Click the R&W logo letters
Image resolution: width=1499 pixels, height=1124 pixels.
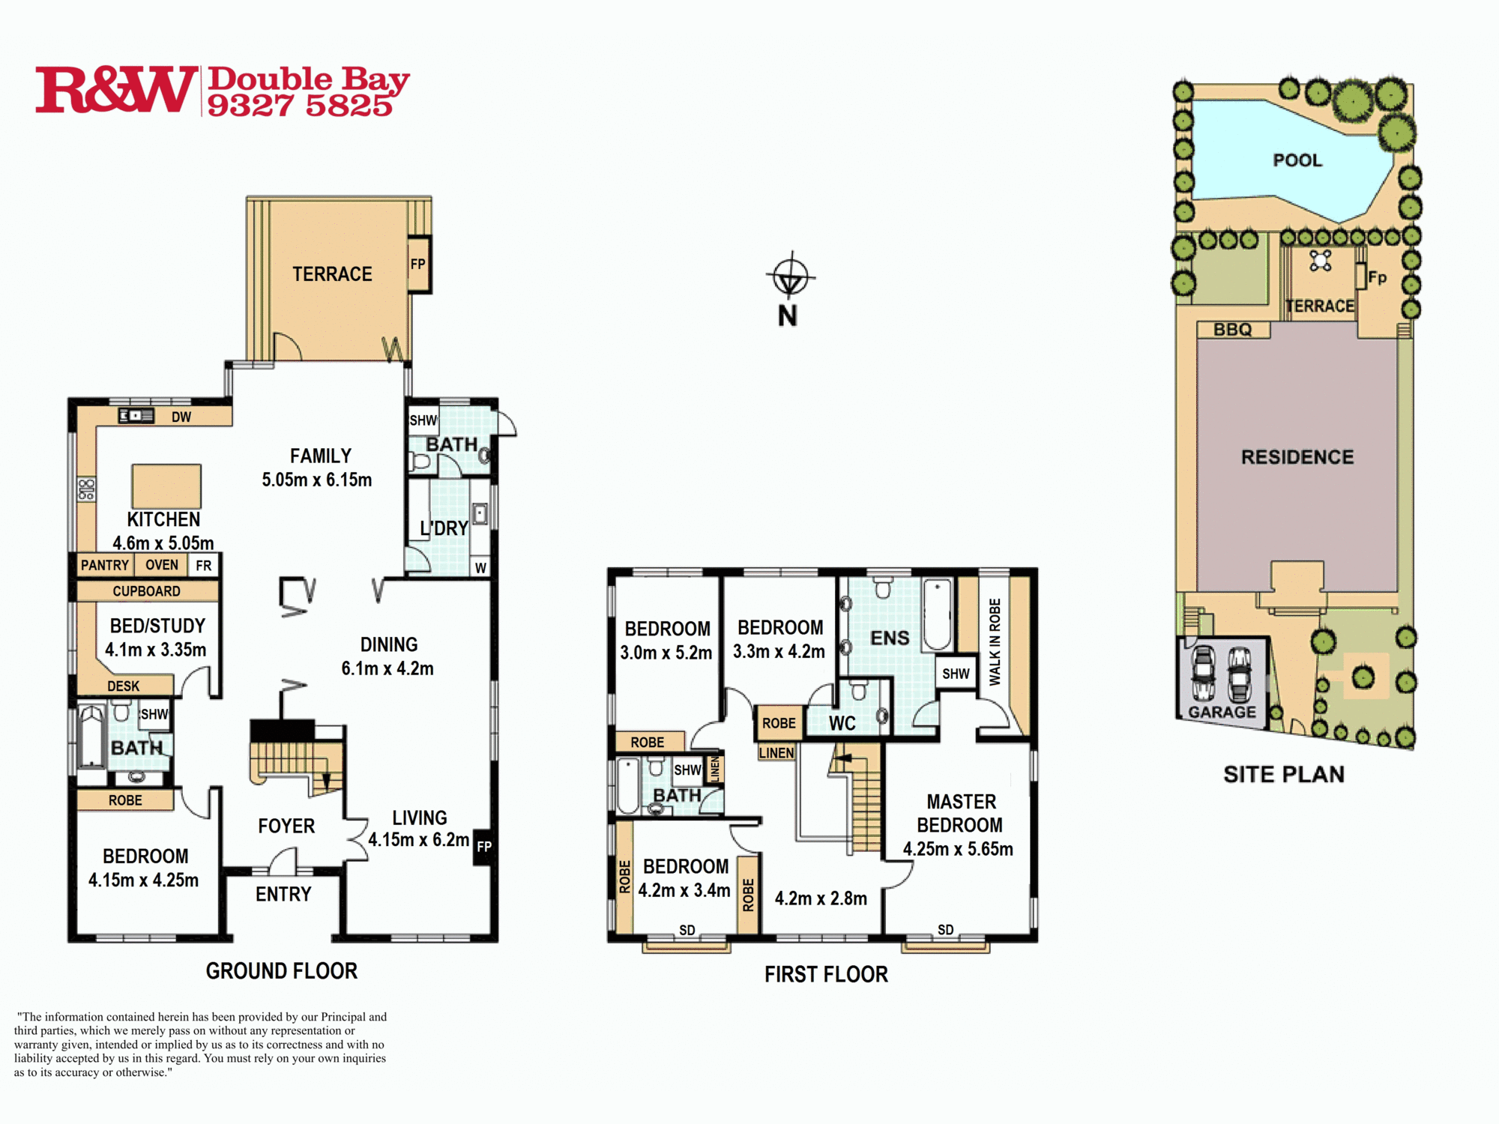117,89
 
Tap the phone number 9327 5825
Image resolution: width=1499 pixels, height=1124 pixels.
300,106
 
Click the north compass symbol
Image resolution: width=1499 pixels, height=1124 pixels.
790,276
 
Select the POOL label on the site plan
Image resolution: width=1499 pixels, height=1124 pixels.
1297,160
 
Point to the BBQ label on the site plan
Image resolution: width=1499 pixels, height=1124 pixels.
1232,330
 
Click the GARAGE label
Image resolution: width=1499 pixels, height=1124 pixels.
1222,712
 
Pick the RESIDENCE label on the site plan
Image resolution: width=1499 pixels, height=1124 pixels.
1297,457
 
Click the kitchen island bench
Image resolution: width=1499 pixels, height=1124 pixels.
166,486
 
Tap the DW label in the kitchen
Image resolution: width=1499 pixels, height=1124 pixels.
181,417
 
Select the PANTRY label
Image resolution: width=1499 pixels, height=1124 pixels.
105,565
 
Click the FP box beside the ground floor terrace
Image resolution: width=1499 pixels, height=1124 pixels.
419,264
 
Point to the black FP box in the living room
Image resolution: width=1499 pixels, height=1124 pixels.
484,847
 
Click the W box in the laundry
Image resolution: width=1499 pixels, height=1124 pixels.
480,567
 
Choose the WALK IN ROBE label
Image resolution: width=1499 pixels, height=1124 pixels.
995,642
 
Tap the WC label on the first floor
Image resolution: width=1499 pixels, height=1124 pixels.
842,723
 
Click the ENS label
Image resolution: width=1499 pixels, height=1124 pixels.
890,638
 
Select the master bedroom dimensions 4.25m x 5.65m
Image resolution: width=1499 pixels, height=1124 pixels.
958,849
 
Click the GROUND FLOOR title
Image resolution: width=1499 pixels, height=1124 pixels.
282,971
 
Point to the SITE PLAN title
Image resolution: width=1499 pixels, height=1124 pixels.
1284,774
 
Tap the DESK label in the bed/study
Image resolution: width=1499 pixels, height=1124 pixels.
124,686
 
